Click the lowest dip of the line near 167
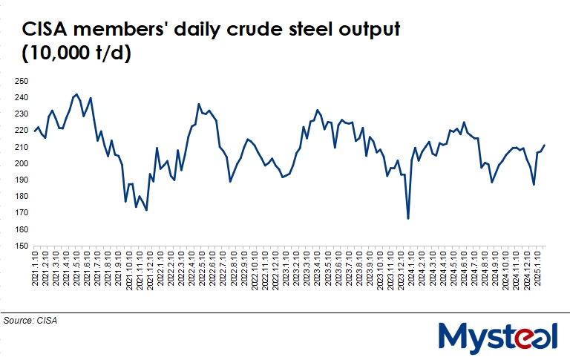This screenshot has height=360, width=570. [408, 218]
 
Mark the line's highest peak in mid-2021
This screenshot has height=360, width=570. [76, 94]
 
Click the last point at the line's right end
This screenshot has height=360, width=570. [545, 145]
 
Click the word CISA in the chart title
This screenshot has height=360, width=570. [46, 30]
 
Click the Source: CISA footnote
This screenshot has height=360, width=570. [30, 321]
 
